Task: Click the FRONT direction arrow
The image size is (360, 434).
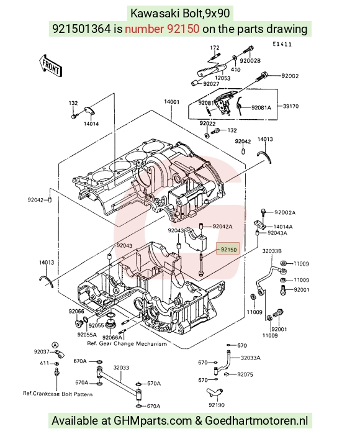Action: [50, 65]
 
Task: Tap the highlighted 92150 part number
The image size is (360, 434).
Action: [228, 250]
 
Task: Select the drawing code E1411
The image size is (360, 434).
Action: [282, 44]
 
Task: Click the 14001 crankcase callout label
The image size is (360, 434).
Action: [171, 102]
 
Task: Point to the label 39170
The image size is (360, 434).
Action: [291, 106]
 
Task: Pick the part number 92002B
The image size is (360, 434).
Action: [250, 61]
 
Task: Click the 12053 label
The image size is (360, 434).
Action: [223, 78]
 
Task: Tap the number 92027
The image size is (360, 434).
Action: [211, 84]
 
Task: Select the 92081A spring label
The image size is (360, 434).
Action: [261, 107]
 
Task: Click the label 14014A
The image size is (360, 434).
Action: [283, 227]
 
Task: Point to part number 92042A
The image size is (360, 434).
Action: [222, 227]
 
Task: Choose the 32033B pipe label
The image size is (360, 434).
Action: [272, 251]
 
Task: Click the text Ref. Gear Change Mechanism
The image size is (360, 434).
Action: [127, 344]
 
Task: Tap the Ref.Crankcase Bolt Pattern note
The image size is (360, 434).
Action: [58, 394]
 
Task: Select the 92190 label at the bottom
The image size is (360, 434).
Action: [217, 405]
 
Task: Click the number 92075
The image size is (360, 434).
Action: [245, 374]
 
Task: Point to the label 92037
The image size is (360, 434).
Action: [42, 351]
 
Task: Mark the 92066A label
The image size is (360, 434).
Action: [112, 337]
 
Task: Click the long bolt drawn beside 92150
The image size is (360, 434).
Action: [200, 263]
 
